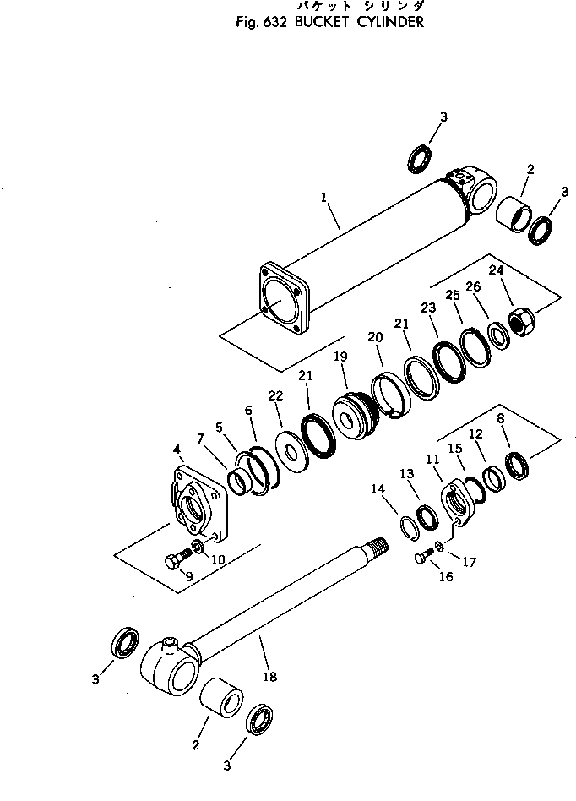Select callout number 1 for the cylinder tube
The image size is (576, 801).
click(x=323, y=198)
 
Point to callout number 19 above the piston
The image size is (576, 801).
click(x=340, y=358)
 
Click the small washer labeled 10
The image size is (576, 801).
click(x=198, y=546)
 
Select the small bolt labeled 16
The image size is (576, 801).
click(x=423, y=555)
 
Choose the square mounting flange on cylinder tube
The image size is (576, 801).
click(x=283, y=297)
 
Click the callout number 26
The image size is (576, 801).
click(x=473, y=286)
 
